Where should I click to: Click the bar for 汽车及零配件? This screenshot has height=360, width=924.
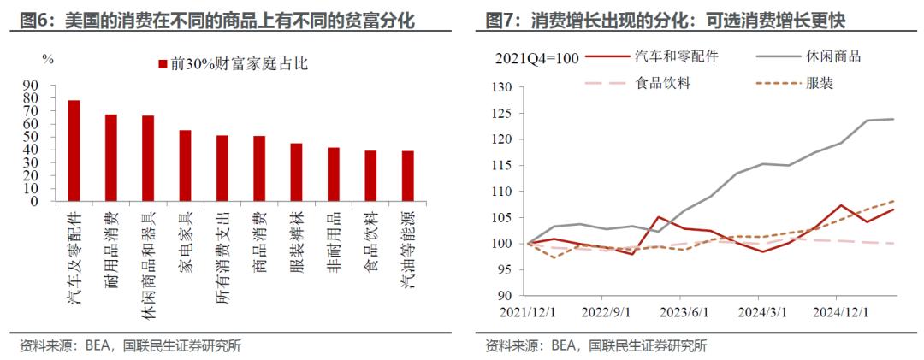[74, 150]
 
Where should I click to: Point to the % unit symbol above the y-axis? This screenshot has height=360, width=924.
[48, 59]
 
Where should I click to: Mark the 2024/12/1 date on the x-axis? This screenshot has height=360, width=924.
[839, 310]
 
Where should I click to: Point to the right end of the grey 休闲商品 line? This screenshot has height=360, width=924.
[894, 119]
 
